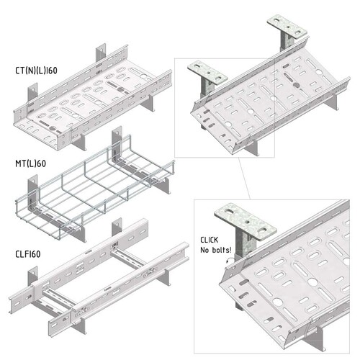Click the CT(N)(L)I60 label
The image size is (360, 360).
[36, 71]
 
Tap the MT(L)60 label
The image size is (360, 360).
[30, 163]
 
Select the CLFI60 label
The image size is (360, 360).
[28, 254]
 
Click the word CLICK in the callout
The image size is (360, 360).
[210, 240]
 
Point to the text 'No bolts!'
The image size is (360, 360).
[216, 250]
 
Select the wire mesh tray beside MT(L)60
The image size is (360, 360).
[95, 186]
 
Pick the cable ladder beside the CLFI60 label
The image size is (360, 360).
[99, 276]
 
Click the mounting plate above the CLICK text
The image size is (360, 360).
[246, 222]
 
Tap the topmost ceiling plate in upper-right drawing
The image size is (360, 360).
[287, 27]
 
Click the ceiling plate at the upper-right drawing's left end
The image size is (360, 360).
[207, 73]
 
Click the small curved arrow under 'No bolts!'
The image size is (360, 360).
[230, 260]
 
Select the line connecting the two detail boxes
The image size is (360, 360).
[244, 179]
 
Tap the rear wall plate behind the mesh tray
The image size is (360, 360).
[117, 138]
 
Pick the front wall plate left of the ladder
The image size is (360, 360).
[33, 276]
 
